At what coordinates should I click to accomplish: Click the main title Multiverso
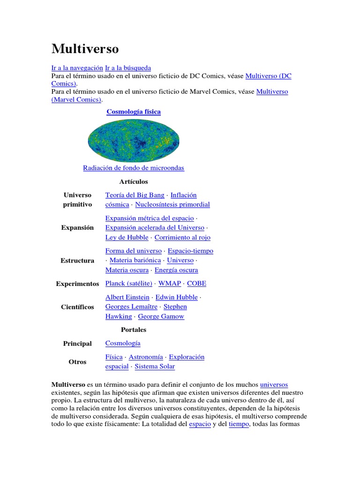point(85,49)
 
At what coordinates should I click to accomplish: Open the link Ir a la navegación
point(77,68)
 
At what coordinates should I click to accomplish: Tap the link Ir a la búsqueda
point(128,68)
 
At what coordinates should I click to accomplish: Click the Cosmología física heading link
point(134,112)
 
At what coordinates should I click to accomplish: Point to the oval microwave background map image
point(134,141)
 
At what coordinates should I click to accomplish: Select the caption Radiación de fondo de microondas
point(134,168)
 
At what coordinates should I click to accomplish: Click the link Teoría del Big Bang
point(135,195)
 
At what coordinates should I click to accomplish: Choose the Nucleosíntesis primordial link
point(172,204)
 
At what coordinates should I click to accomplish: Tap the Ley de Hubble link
point(127,237)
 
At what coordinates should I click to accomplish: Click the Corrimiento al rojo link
point(182,237)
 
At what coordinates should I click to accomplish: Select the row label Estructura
point(77,261)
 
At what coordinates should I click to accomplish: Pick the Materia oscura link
point(127,270)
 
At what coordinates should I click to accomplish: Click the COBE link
point(196,284)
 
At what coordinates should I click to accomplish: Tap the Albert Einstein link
point(127,297)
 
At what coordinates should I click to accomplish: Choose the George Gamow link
point(161,316)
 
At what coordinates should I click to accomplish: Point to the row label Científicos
point(77,307)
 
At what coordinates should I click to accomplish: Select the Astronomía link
point(146,357)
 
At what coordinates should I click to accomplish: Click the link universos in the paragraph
point(274,384)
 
